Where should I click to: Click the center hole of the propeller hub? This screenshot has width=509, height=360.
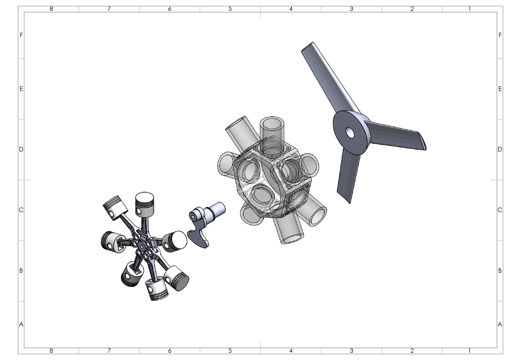point(350,133)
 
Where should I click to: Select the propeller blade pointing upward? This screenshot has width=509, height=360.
point(324,76)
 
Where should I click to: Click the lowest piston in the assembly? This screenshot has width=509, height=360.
point(157,290)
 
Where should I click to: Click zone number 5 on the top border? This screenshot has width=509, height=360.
point(230,9)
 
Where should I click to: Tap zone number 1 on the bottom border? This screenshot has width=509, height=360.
point(470,351)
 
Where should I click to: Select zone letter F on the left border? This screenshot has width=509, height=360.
point(21,35)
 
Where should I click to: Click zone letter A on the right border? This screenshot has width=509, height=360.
point(500,324)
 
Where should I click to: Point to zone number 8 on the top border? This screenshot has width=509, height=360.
point(51,9)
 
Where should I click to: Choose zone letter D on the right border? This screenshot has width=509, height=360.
point(500,150)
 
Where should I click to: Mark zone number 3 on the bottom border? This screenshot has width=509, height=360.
point(351,351)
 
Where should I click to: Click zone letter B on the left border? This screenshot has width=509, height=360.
point(21,270)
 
